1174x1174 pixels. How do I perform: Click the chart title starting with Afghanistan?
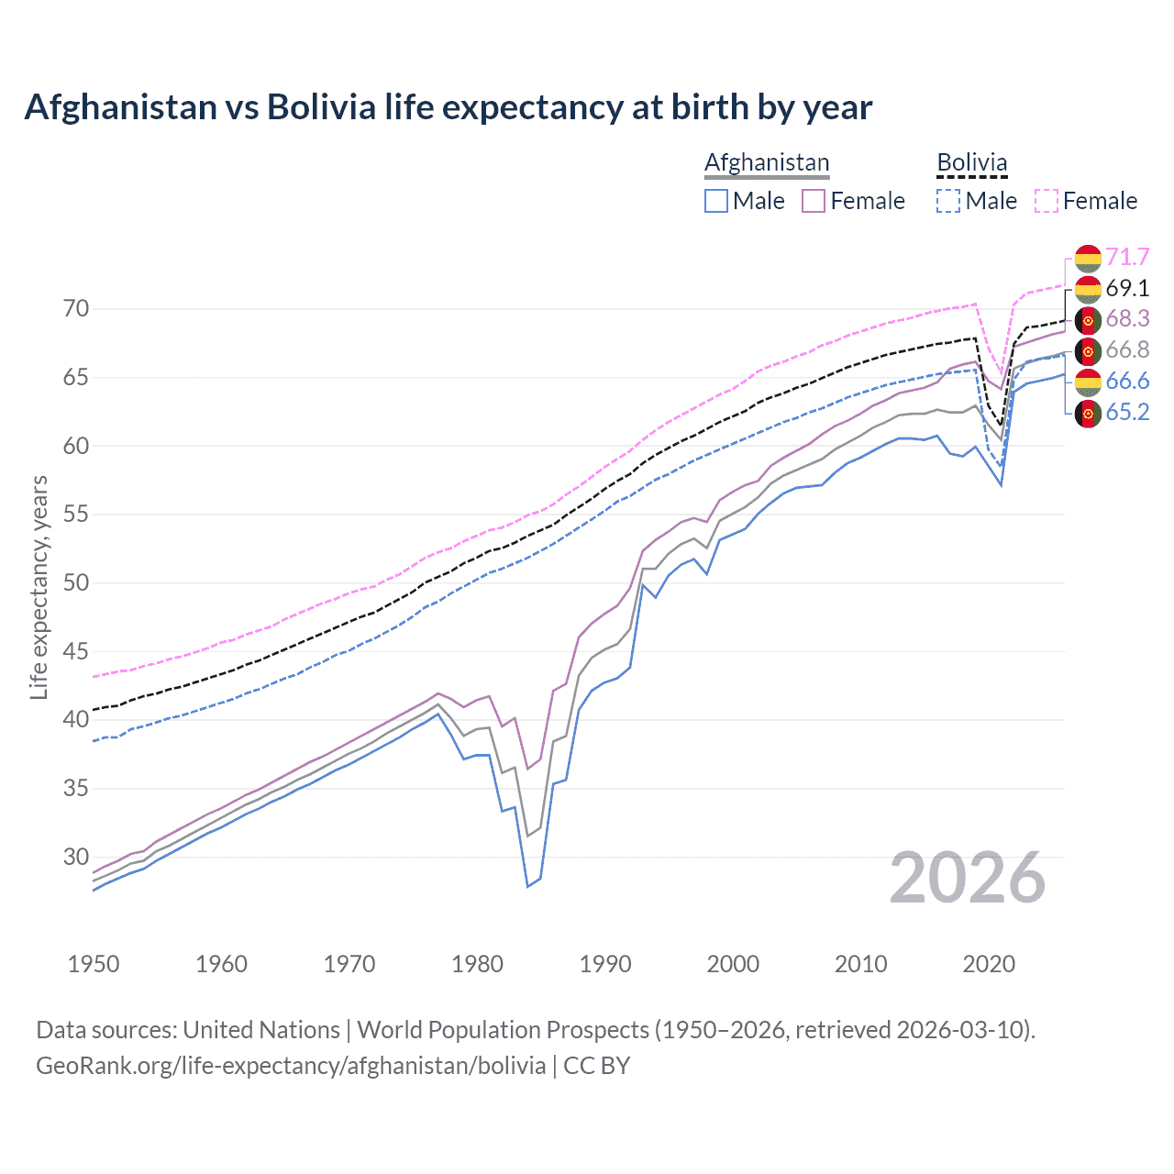[x=448, y=107]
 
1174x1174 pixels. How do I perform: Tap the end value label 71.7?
[x=1127, y=257]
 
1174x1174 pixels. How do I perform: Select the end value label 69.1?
[x=1127, y=288]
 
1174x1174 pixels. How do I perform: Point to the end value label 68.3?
[x=1127, y=318]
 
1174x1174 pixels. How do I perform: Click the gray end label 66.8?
[x=1127, y=349]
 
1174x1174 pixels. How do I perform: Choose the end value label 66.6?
[x=1127, y=381]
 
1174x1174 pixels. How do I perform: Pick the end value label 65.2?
[x=1127, y=412]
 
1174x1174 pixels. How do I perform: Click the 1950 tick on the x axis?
[x=94, y=964]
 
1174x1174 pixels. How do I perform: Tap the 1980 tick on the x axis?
[x=477, y=964]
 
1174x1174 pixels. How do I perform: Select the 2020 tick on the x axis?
[x=989, y=964]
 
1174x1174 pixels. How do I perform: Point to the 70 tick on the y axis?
[x=76, y=309]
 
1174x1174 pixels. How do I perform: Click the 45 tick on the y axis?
[x=76, y=652]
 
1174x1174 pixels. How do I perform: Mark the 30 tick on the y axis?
[x=76, y=858]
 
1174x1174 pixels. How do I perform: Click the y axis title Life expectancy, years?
[x=39, y=587]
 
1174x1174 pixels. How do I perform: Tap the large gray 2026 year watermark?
[x=967, y=879]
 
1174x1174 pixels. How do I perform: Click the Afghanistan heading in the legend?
[x=767, y=162]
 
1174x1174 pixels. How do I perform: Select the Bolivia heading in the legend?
[x=971, y=162]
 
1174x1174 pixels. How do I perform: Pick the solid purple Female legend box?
[x=814, y=201]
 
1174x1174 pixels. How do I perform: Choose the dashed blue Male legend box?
[x=948, y=201]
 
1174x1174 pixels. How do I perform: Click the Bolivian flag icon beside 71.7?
[x=1087, y=258]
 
